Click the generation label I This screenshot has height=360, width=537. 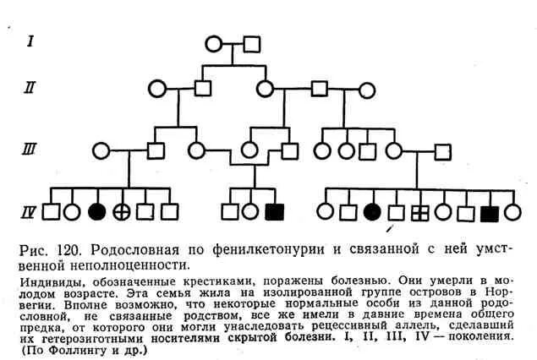tap(30, 40)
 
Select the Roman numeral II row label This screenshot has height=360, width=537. tap(30, 87)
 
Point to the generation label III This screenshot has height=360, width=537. tap(30, 150)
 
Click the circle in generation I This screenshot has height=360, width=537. tap(215, 43)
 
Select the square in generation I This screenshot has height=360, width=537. tap(252, 43)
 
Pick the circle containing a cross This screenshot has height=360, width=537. tap(122, 212)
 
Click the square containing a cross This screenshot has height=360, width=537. tap(419, 212)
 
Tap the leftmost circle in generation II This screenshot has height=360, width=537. tap(156, 87)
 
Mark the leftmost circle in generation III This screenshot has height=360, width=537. tap(101, 150)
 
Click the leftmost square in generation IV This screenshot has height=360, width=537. tap(51, 212)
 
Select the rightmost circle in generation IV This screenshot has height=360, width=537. tap(512, 212)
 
